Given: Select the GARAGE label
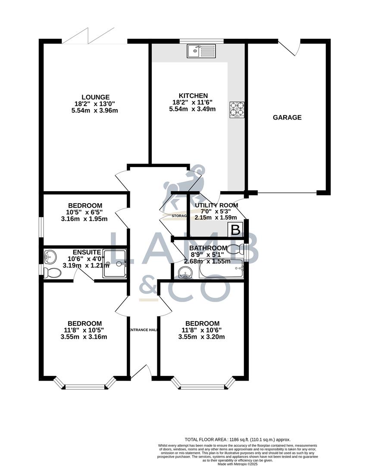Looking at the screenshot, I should tap(287, 117).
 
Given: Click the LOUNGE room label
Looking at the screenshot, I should tap(96, 97).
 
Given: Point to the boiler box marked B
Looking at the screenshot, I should tap(236, 230).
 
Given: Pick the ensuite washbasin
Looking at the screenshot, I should tap(51, 257).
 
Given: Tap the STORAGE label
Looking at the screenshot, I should tap(178, 215).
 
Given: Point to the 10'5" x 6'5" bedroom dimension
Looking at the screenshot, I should tap(84, 212).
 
